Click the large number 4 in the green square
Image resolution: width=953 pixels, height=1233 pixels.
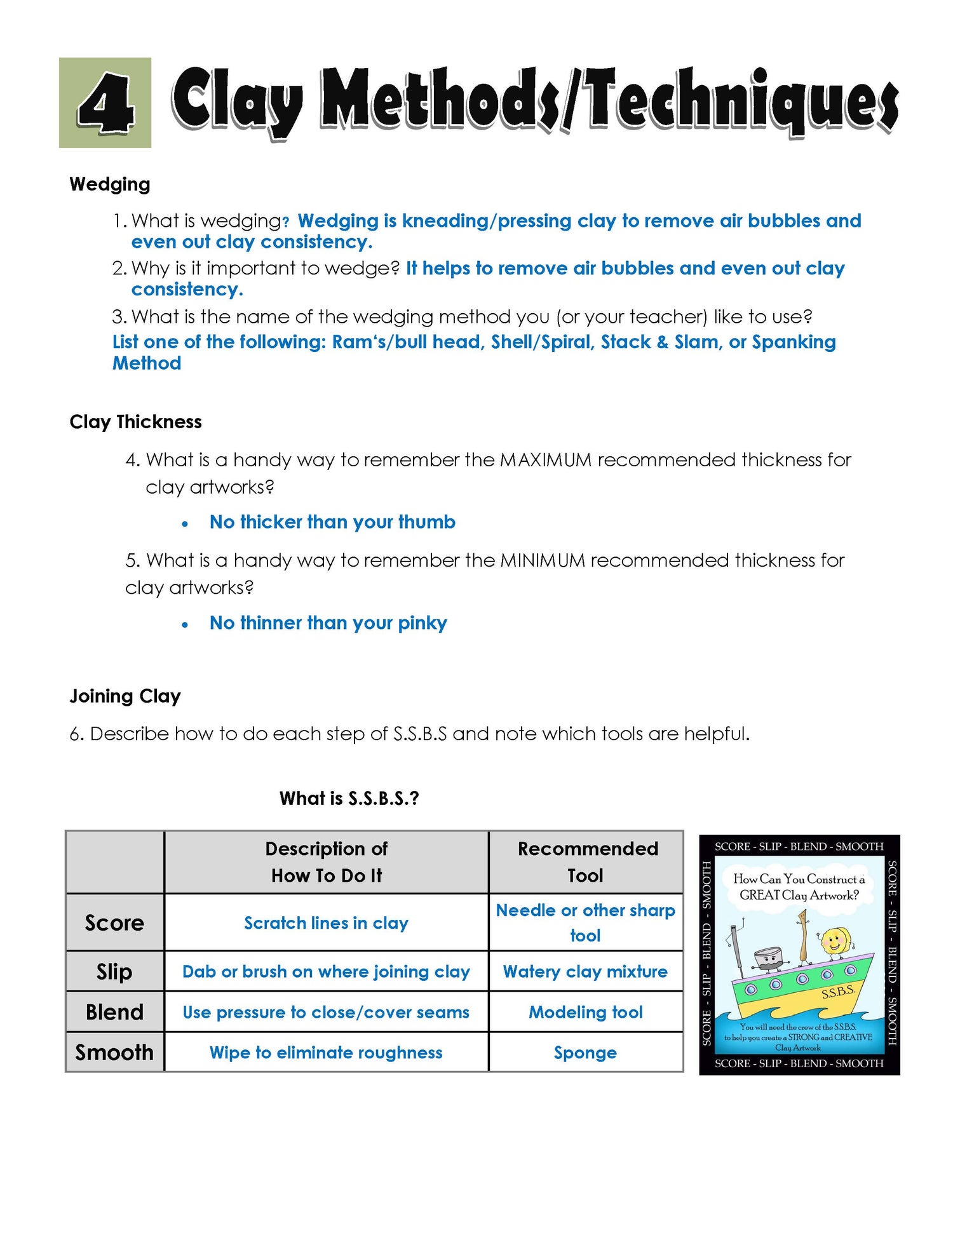click(x=105, y=103)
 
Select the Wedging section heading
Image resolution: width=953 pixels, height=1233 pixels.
click(x=110, y=184)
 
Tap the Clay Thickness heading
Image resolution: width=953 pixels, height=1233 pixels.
click(x=135, y=422)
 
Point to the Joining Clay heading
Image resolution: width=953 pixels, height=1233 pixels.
click(x=125, y=696)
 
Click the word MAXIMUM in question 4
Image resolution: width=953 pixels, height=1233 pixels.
click(x=546, y=459)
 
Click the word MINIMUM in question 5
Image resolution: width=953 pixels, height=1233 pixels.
click(x=543, y=560)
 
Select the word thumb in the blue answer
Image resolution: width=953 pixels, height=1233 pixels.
click(x=430, y=522)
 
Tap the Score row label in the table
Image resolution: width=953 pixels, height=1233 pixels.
click(x=114, y=922)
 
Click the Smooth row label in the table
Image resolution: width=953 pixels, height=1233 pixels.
click(x=114, y=1053)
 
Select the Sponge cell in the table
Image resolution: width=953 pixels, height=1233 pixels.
click(x=585, y=1053)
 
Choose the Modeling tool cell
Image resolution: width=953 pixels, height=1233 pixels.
click(x=585, y=1012)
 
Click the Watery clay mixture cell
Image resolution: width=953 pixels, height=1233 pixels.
click(x=585, y=971)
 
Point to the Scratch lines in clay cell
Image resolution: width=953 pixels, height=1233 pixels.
click(x=326, y=922)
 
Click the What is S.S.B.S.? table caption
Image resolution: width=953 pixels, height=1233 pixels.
click(x=349, y=798)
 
